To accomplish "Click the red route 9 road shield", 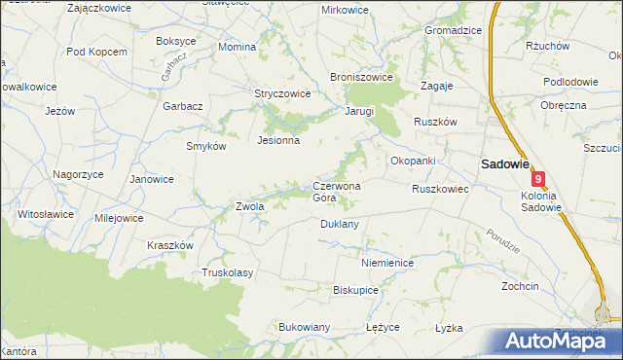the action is (x=538, y=179).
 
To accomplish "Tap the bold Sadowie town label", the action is (x=501, y=164).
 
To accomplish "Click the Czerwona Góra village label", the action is (x=337, y=192).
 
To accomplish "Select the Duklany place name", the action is (x=340, y=224).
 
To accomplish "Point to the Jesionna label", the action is (x=277, y=140).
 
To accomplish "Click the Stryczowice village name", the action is (x=282, y=94).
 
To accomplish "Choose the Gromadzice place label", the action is (x=453, y=30).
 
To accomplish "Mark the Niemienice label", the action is (x=387, y=263).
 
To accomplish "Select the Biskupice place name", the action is (x=355, y=290).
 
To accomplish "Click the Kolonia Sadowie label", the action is (x=534, y=200).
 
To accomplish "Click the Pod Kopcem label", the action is (x=96, y=52).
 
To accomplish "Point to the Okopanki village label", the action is (x=412, y=161).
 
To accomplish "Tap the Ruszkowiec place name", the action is (x=440, y=189).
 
